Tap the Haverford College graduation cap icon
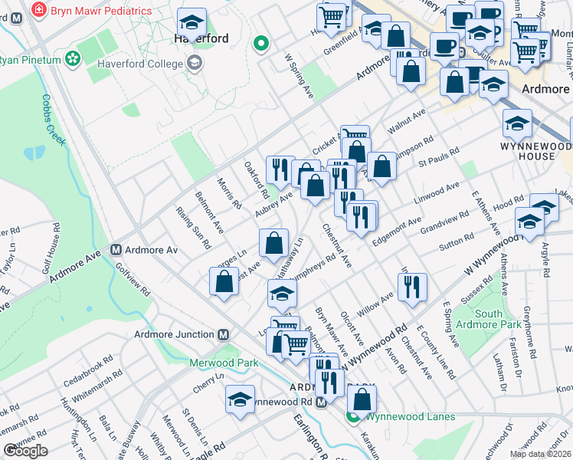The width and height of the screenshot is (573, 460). click(195, 62)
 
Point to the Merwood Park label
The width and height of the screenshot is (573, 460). click(222, 363)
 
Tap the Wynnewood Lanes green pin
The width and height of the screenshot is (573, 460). click(353, 417)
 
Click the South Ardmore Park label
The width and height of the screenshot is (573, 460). click(489, 318)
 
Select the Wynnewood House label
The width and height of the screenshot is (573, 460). click(536, 150)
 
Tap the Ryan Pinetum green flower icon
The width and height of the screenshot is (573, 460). click(73, 58)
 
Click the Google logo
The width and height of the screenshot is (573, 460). click(25, 451)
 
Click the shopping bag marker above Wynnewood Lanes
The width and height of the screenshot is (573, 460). click(362, 399)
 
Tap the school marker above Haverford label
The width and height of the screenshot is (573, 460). click(192, 21)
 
